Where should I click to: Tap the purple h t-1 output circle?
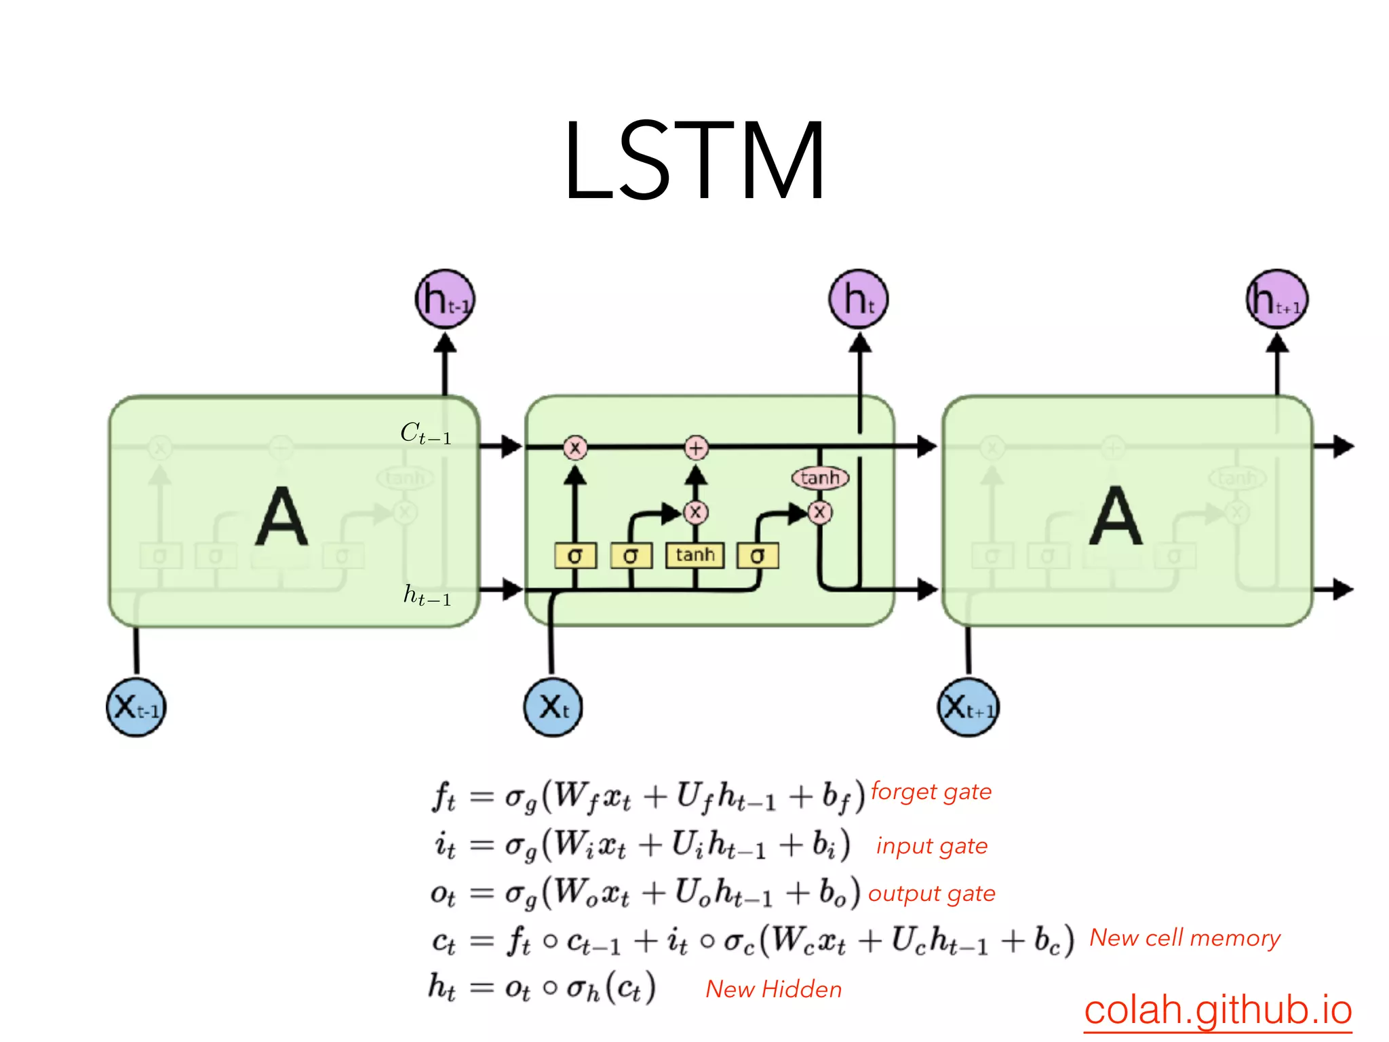(x=445, y=299)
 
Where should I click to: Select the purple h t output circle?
(x=859, y=299)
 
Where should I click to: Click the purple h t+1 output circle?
(x=1277, y=299)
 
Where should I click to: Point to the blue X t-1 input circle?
(x=136, y=708)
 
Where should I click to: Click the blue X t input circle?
(x=553, y=708)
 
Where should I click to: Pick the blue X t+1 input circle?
(x=969, y=708)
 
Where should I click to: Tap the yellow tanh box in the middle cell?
(x=695, y=556)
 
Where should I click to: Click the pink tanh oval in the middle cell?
(x=820, y=478)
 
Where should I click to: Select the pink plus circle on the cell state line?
(x=696, y=448)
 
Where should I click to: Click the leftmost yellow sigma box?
(x=575, y=556)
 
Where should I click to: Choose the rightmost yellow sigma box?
(x=758, y=556)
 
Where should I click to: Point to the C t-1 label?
(x=426, y=433)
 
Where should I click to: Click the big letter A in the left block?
(x=281, y=517)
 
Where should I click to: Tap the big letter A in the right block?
(x=1116, y=517)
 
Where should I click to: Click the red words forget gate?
(x=931, y=792)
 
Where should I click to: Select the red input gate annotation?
(x=932, y=846)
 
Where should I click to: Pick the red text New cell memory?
(x=1185, y=938)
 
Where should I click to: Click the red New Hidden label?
(x=774, y=989)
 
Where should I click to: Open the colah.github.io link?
(x=1217, y=1010)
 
